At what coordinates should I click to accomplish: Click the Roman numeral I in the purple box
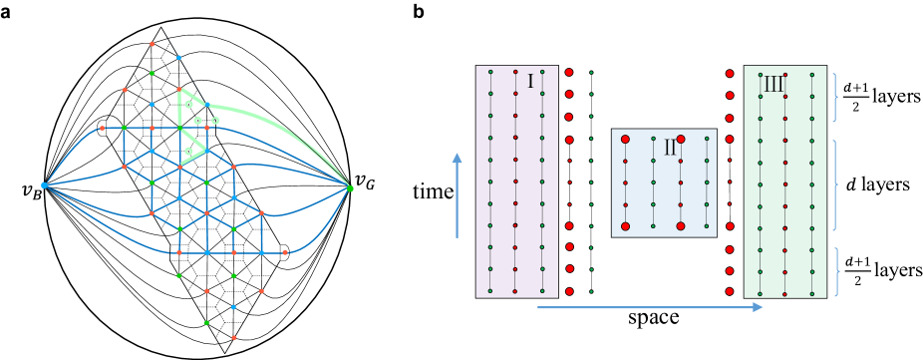(x=530, y=82)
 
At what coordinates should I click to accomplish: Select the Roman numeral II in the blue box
(x=669, y=149)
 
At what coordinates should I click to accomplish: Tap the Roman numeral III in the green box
(x=772, y=85)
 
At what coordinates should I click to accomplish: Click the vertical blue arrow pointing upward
(x=457, y=194)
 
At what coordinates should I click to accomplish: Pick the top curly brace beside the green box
(x=835, y=97)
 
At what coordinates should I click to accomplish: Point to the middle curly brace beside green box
(x=835, y=184)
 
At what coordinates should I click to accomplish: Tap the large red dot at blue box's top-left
(x=625, y=139)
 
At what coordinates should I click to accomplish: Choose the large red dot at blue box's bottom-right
(x=681, y=226)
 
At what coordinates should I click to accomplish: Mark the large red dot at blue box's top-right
(x=681, y=139)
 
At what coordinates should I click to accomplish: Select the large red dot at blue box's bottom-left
(x=625, y=226)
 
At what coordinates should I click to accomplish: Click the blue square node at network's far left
(x=44, y=185)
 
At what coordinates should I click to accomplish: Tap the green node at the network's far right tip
(x=350, y=187)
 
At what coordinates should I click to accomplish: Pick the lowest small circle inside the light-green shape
(x=188, y=152)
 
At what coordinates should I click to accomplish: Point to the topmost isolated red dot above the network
(x=152, y=44)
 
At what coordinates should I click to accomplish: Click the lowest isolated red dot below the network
(x=234, y=338)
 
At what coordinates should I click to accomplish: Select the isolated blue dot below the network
(x=234, y=307)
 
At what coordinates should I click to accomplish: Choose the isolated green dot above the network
(x=152, y=73)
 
